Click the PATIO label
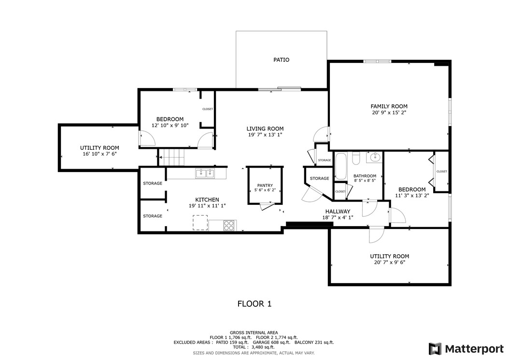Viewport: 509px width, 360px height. (281, 60)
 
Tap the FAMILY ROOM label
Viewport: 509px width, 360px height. (389, 106)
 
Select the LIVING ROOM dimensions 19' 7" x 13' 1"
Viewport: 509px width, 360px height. (265, 135)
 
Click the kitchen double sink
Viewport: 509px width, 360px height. (205, 173)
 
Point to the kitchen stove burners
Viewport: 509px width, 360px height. (229, 226)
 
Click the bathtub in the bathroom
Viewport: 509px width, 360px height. (340, 166)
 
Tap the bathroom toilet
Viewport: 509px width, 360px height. (356, 158)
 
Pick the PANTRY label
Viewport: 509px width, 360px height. (265, 186)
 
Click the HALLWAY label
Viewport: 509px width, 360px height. (338, 212)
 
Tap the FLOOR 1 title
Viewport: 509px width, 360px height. (254, 304)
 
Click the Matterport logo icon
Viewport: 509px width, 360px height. (435, 349)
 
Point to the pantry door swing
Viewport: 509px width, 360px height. (267, 206)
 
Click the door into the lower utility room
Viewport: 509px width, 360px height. (376, 234)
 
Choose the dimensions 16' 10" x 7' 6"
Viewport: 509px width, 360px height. (99, 154)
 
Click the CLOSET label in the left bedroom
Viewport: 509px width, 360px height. (208, 109)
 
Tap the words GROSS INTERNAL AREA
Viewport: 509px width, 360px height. (254, 333)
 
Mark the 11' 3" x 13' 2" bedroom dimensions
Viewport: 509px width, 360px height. (412, 196)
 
